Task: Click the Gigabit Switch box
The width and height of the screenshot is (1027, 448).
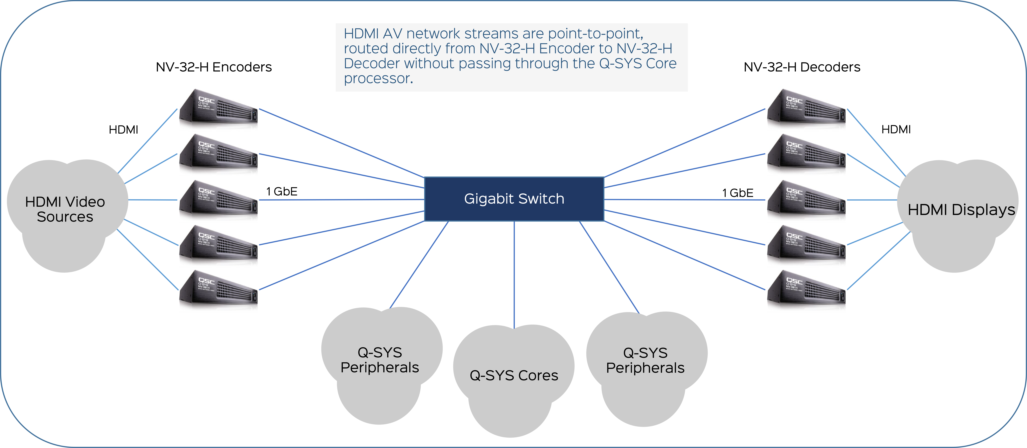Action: pyautogui.click(x=514, y=199)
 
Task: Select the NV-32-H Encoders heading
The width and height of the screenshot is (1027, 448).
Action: pyautogui.click(x=214, y=67)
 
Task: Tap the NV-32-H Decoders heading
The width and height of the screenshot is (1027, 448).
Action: pyautogui.click(x=802, y=67)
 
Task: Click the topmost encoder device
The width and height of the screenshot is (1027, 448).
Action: pyautogui.click(x=219, y=107)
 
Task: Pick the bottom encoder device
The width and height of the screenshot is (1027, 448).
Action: pyautogui.click(x=219, y=288)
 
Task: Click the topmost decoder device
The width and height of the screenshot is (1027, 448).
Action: pyautogui.click(x=806, y=107)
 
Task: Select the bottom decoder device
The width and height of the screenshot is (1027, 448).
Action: pyautogui.click(x=806, y=288)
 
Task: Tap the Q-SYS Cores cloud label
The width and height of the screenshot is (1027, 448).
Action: pyautogui.click(x=514, y=375)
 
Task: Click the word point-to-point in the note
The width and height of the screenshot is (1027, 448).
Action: pyautogui.click(x=596, y=34)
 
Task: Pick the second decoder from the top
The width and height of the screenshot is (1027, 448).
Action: pyautogui.click(x=806, y=152)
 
